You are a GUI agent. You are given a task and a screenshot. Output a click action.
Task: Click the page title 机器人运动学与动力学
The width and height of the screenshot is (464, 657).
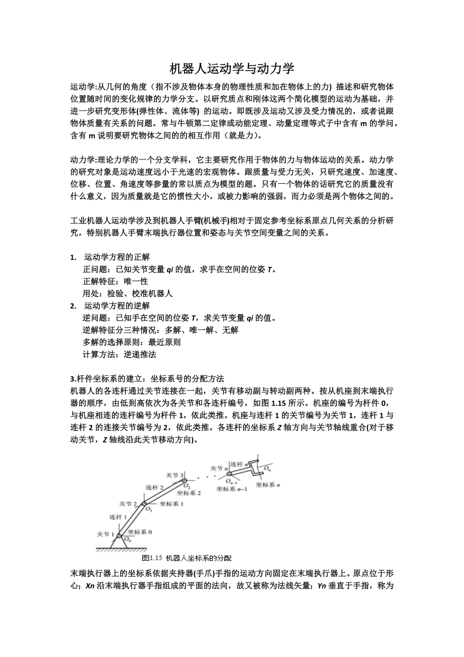(x=231, y=69)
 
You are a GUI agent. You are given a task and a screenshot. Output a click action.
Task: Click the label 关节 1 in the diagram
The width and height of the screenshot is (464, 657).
(x=105, y=533)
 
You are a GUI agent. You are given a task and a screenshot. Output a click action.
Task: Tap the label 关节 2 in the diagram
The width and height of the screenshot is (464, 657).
(x=128, y=504)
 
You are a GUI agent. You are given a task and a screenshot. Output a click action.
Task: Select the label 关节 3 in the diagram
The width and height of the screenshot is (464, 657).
(x=174, y=475)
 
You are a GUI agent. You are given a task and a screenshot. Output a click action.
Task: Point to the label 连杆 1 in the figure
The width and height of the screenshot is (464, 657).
(x=118, y=517)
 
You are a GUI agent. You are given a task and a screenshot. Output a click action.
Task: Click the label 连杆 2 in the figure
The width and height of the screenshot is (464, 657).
(x=154, y=487)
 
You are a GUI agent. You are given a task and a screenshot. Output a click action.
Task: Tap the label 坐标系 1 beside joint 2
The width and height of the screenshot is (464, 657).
(x=171, y=503)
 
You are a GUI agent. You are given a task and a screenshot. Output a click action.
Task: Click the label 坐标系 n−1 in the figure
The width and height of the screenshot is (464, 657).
(x=231, y=489)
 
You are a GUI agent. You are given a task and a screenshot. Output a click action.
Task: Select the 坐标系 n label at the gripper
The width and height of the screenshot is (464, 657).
(x=268, y=485)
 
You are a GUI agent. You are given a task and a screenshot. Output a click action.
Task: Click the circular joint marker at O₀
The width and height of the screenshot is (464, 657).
(x=119, y=536)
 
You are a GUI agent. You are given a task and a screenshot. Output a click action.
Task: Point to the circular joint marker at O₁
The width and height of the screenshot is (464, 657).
(x=144, y=503)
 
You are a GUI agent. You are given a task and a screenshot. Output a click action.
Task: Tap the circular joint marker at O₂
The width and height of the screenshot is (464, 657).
(x=185, y=480)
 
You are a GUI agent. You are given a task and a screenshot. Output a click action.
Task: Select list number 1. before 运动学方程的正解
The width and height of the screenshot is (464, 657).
(x=73, y=257)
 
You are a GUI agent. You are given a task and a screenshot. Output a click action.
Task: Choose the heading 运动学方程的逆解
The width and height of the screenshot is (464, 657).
(x=117, y=306)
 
